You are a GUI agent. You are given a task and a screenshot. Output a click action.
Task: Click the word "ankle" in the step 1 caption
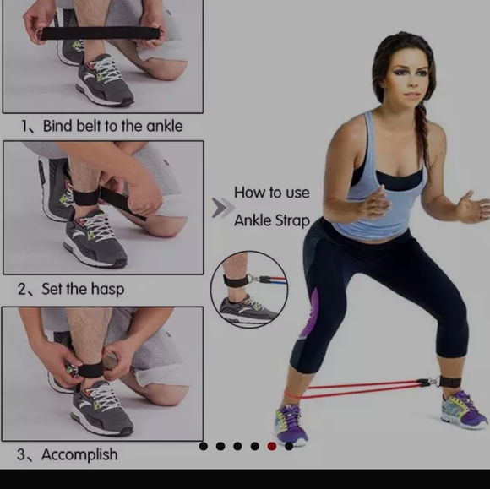pos(165,126)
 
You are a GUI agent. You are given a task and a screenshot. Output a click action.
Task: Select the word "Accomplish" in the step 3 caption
pos(79,454)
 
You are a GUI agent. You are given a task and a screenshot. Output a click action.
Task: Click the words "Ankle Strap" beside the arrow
pos(272,220)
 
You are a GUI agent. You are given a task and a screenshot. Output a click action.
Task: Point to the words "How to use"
pos(272,193)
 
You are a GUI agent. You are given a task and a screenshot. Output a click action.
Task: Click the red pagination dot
pos(272,446)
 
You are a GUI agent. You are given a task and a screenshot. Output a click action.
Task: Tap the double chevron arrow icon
pos(223,208)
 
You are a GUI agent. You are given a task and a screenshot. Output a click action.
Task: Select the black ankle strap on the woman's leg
pos(450,382)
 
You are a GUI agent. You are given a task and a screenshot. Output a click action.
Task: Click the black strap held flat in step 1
pos(100,33)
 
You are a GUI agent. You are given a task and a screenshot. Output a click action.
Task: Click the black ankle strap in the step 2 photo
pos(86,198)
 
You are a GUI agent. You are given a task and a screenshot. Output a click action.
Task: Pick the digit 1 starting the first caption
pos(24,126)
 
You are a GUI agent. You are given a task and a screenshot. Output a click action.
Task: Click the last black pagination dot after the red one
pos(289,446)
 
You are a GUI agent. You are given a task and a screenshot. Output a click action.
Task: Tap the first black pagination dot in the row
pos(204,446)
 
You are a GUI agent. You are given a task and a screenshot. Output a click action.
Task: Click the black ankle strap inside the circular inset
pos(235,280)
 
